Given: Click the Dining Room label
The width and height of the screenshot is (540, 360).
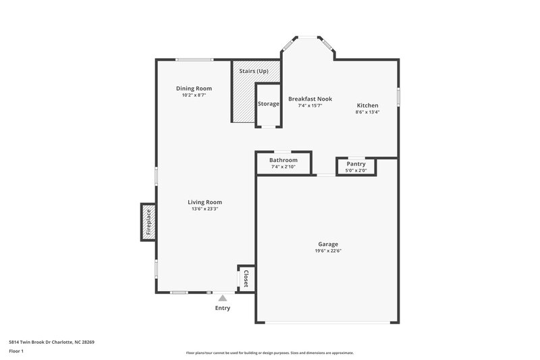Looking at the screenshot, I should pyautogui.click(x=194, y=88).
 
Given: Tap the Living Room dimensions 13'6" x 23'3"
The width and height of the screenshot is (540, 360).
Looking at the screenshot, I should pyautogui.click(x=205, y=209).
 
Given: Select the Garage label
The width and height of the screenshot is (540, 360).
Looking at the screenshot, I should pyautogui.click(x=328, y=244).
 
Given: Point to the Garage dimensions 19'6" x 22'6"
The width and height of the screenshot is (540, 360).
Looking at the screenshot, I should pyautogui.click(x=328, y=251).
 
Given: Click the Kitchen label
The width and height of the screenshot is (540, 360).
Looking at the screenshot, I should pyautogui.click(x=367, y=105).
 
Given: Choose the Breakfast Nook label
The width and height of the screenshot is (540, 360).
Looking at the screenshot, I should pyautogui.click(x=310, y=99).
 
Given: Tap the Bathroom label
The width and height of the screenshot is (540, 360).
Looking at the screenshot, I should pyautogui.click(x=283, y=160).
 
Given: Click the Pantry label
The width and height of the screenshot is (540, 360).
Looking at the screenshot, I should pyautogui.click(x=356, y=163).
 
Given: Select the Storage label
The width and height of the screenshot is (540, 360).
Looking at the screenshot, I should pyautogui.click(x=268, y=104).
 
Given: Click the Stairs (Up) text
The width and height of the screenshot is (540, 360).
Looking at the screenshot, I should pyautogui.click(x=254, y=71).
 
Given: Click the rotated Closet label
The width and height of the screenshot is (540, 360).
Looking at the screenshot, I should pyautogui.click(x=246, y=278).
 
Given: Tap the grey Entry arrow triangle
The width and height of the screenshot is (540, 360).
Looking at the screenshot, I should pyautogui.click(x=223, y=297).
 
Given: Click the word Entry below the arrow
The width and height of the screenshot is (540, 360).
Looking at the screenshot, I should pyautogui.click(x=223, y=309).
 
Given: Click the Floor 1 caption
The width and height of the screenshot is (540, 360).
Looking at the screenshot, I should pyautogui.click(x=16, y=351).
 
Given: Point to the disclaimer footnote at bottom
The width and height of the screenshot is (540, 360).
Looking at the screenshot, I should pyautogui.click(x=269, y=353).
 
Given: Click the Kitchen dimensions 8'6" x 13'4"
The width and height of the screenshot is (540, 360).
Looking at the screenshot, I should pyautogui.click(x=367, y=112).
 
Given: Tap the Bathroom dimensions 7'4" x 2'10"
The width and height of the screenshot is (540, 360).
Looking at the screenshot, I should pyautogui.click(x=283, y=167).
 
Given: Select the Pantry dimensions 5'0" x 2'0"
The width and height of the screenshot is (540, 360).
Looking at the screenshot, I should pyautogui.click(x=356, y=170).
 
